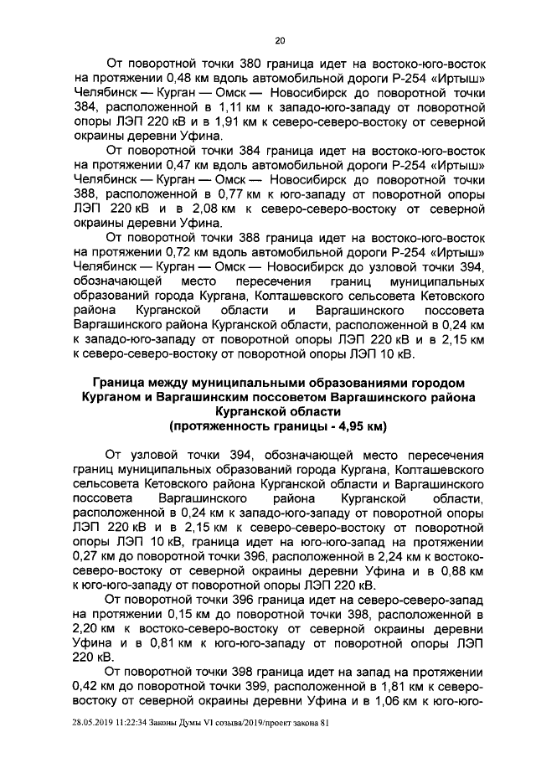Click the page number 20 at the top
pyautogui.click(x=279, y=39)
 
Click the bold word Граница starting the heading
pyautogui.click(x=117, y=383)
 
